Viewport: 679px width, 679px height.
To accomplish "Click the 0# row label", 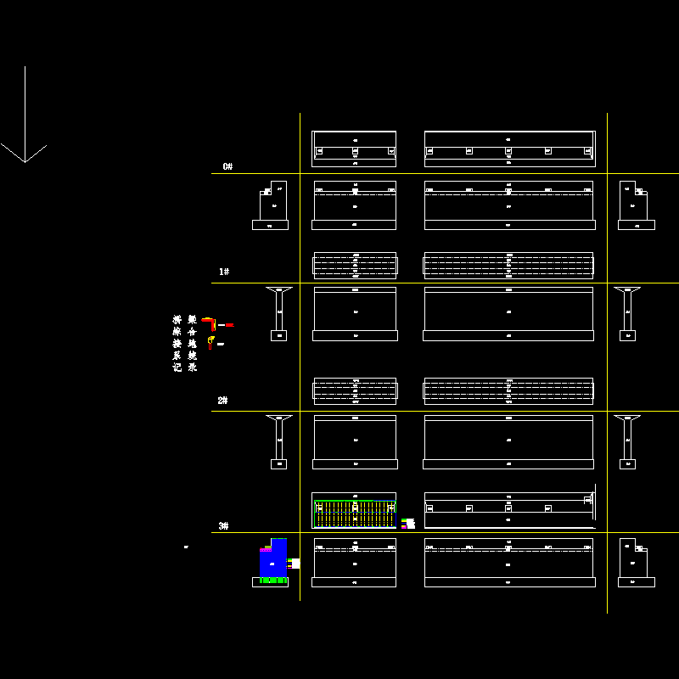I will (227, 166).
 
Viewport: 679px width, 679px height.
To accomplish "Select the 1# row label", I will (224, 272).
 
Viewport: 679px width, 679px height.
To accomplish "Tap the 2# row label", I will (222, 400).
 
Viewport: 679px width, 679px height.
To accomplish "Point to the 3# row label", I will (223, 526).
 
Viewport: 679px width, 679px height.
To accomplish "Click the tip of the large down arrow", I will (25, 161).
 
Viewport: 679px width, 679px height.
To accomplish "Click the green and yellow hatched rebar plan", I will (355, 513).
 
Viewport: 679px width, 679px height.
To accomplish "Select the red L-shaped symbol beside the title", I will (210, 322).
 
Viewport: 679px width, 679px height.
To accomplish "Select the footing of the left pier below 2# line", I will (278, 464).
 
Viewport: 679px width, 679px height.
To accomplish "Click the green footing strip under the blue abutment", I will (270, 581).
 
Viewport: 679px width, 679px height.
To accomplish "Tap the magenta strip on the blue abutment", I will (266, 549).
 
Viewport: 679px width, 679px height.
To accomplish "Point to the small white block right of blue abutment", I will (295, 563).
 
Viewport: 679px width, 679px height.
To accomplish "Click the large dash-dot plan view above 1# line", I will (508, 265).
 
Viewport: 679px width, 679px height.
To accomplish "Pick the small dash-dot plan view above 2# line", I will (355, 390).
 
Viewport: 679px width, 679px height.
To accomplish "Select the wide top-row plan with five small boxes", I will (508, 148).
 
